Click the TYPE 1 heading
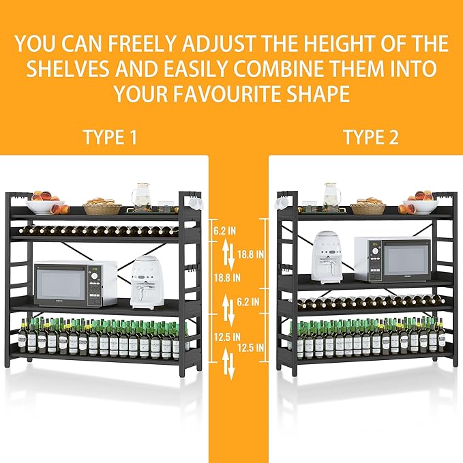pyautogui.click(x=110, y=137)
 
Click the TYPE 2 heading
pyautogui.click(x=371, y=137)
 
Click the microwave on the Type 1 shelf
pyautogui.click(x=75, y=284)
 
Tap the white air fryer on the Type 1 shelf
pyautogui.click(x=147, y=282)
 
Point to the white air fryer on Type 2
pyautogui.click(x=329, y=258)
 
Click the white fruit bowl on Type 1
pyautogui.click(x=45, y=207)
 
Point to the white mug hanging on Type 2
pyautogui.click(x=280, y=202)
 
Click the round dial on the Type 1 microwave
pyautogui.click(x=94, y=276)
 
